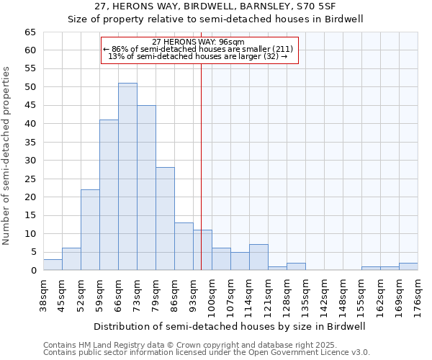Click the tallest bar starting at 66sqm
pos(127,176)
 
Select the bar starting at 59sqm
pos(109,194)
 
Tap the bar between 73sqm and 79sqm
pos(146,187)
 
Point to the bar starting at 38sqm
pos(53,265)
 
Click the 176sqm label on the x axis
pos(418,296)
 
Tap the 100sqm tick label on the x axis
pos(212,296)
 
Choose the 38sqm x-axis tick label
pos(43,296)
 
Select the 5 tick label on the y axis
pos(32,252)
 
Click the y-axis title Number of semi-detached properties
pos(6,156)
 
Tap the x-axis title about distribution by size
pos(230,326)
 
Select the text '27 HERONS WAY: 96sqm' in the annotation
pos(198,42)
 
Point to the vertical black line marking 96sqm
pos(201,158)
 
